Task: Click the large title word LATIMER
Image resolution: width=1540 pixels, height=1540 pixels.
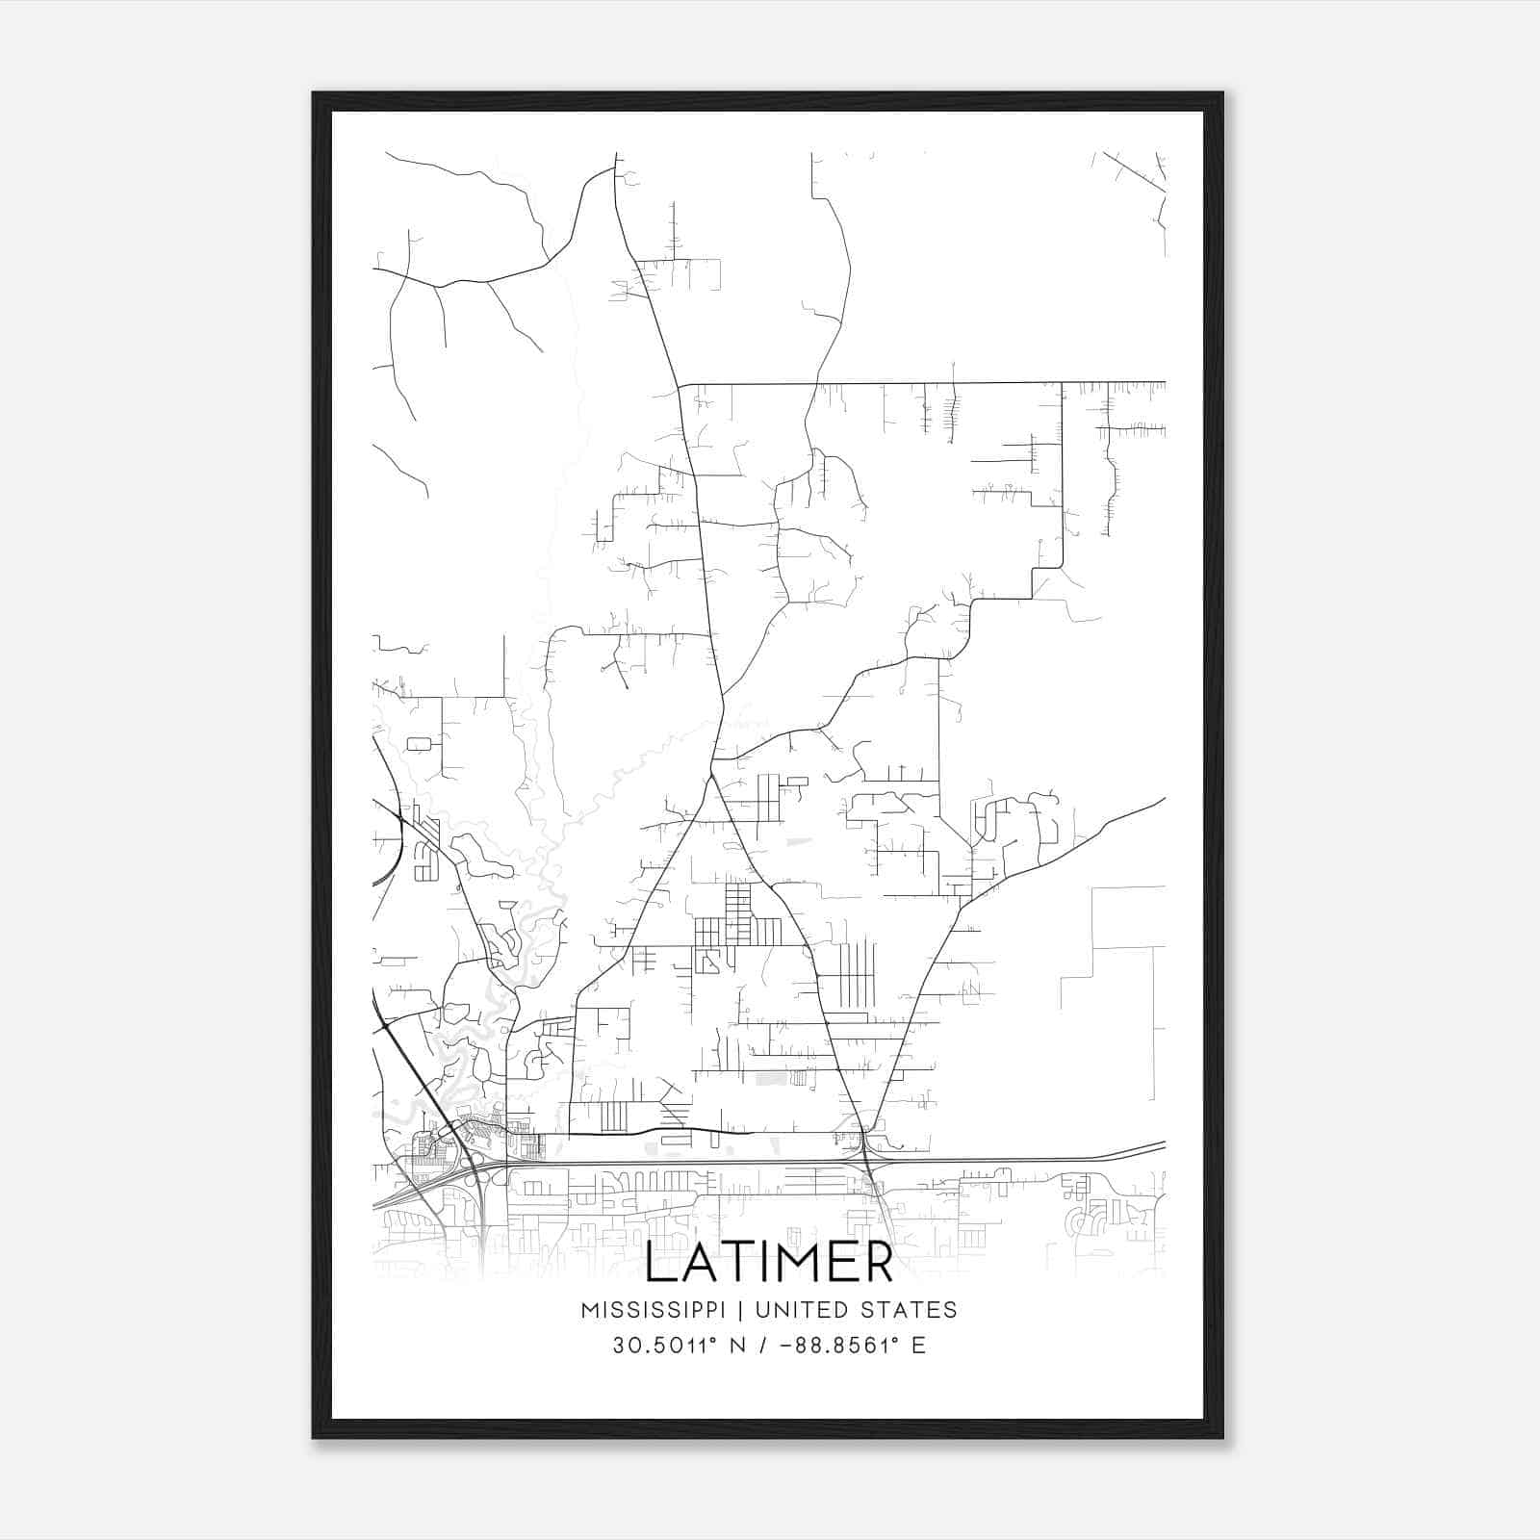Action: pyautogui.click(x=769, y=1264)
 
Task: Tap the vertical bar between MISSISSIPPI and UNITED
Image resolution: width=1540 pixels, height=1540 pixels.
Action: pyautogui.click(x=741, y=1310)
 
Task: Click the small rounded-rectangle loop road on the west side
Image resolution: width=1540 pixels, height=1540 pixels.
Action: pyautogui.click(x=419, y=744)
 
